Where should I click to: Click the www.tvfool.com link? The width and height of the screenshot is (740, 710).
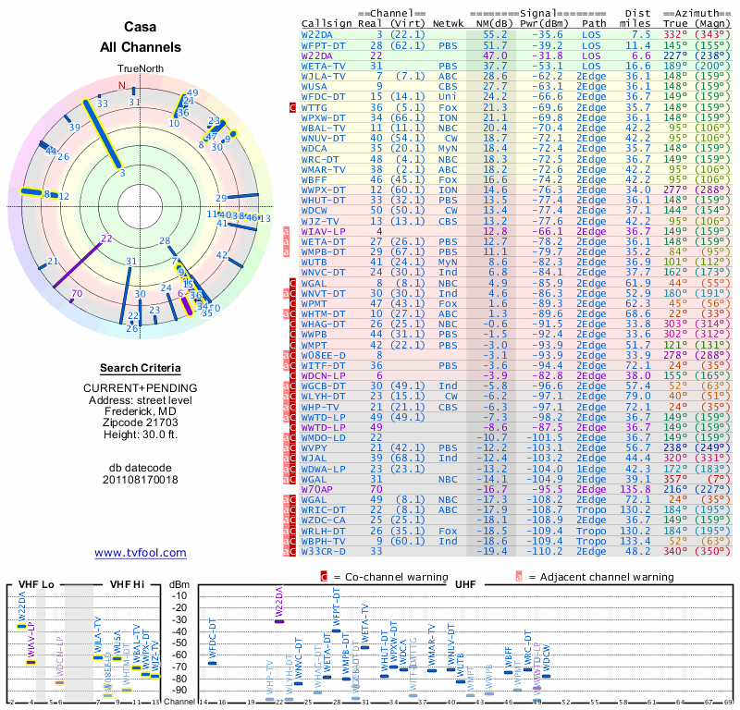pos(141,553)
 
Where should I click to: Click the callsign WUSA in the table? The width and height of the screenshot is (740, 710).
pos(314,86)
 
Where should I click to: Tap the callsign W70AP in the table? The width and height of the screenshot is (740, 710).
pos(318,489)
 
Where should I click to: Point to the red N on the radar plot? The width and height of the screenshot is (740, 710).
pos(121,86)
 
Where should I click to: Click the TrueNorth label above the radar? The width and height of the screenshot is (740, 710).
pos(141,69)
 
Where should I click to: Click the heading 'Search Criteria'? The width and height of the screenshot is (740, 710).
pos(141,368)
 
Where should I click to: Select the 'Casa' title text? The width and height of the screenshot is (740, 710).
pos(141,27)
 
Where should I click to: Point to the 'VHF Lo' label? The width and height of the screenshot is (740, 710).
pos(37,585)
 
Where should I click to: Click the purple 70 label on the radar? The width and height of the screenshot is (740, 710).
pos(77,293)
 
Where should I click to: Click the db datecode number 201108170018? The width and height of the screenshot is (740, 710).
pos(141,479)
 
